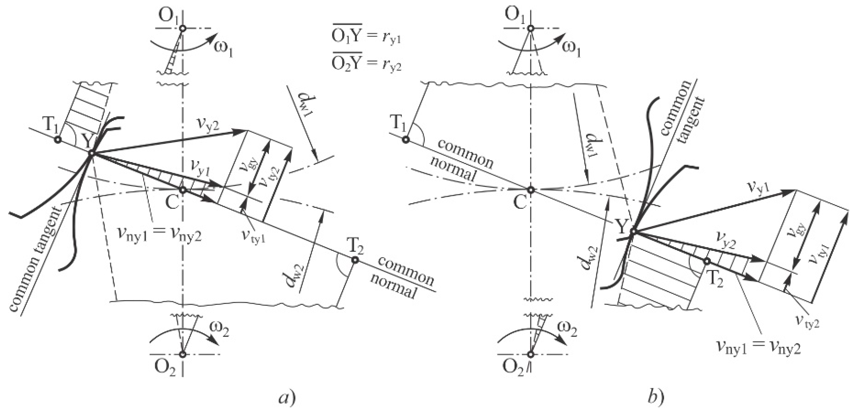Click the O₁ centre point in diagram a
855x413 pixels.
[182, 28]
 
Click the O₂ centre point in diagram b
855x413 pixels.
[531, 354]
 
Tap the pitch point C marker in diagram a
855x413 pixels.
[182, 190]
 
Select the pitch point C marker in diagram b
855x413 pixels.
[531, 190]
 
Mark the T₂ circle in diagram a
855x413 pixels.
[355, 260]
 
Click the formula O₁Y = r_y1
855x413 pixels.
[366, 37]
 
